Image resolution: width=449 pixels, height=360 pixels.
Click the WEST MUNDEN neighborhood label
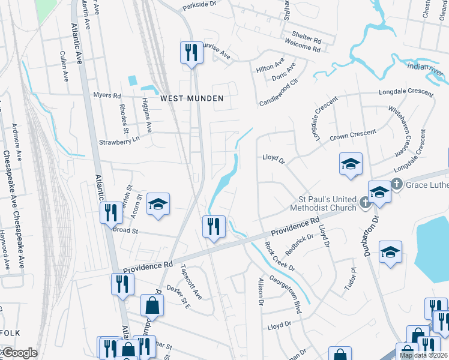tap(191, 98)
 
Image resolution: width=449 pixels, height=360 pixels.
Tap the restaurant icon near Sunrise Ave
tap(191, 52)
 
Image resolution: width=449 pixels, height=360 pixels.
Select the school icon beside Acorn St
tap(158, 204)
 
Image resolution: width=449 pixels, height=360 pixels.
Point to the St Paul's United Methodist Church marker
tap(364, 204)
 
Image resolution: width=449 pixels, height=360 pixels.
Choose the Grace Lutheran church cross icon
tap(396, 184)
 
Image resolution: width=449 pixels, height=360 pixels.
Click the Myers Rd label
tap(107, 95)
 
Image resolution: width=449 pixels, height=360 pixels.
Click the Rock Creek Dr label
tap(279, 256)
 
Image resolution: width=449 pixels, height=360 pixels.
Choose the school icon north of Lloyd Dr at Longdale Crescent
tap(351, 164)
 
